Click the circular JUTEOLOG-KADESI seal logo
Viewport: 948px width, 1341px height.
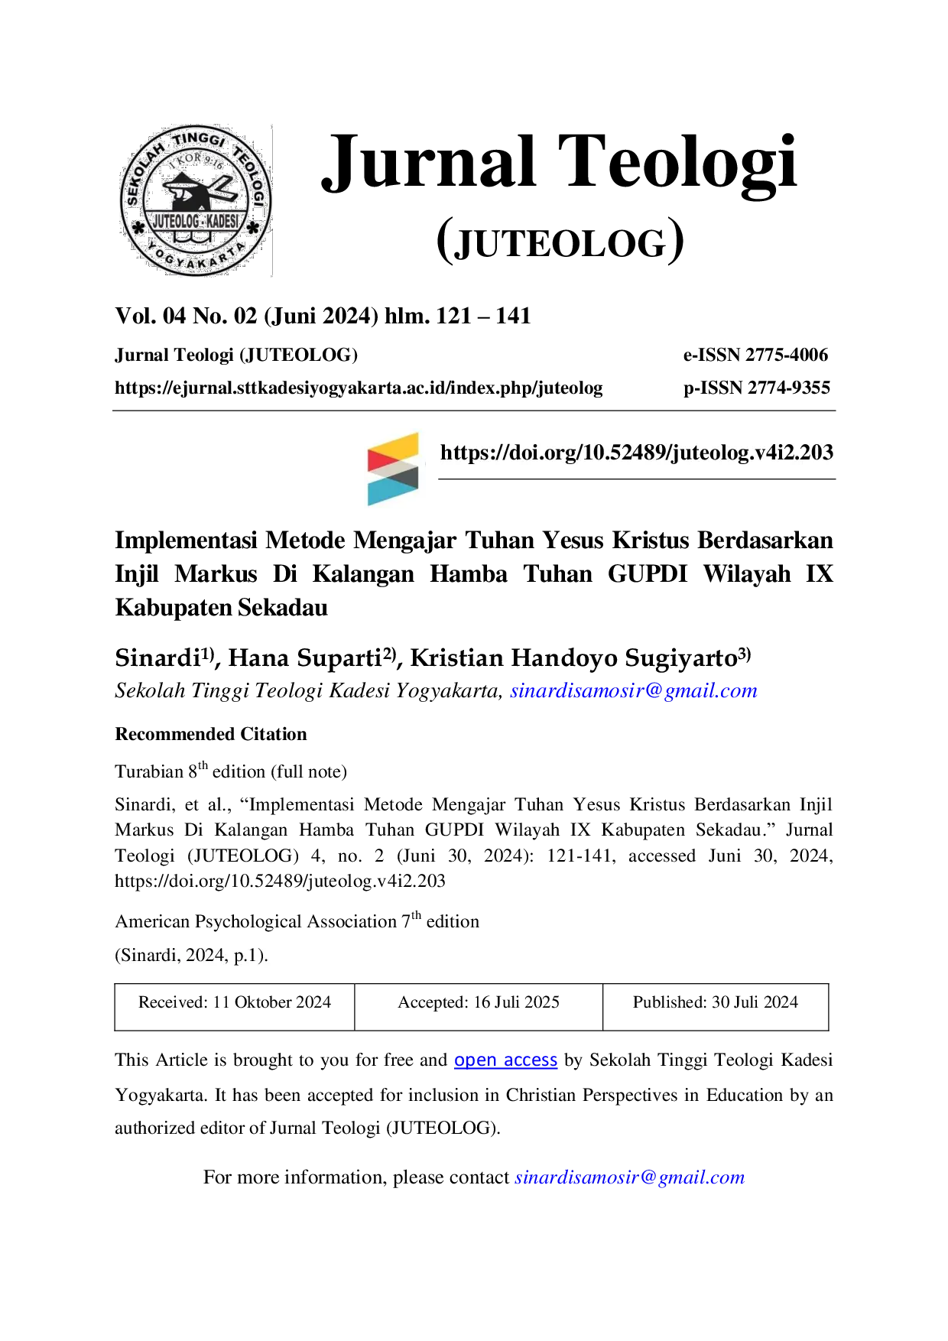click(x=196, y=200)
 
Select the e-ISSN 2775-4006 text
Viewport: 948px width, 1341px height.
click(x=755, y=355)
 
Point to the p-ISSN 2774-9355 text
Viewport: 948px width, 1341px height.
click(x=757, y=388)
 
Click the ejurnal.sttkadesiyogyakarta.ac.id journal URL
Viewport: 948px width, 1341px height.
click(x=359, y=388)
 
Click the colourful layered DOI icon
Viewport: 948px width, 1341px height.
click(x=393, y=469)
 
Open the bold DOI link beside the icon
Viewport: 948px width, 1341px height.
click(x=637, y=453)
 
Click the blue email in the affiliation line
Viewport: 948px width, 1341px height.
click(x=634, y=690)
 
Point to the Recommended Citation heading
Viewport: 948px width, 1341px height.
click(x=211, y=734)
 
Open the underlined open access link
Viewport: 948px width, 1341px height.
click(x=505, y=1060)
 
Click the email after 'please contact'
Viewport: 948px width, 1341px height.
click(x=630, y=1177)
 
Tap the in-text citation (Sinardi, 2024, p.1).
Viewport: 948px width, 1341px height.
click(x=191, y=955)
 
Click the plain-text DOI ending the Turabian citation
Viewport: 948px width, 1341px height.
click(x=280, y=881)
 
